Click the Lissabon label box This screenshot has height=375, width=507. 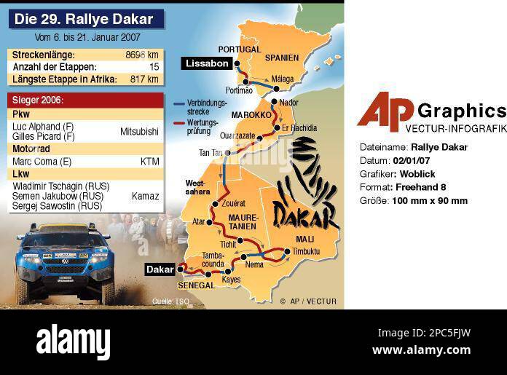(207, 63)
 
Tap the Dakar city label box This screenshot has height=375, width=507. (160, 269)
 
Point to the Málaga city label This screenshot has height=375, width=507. (282, 79)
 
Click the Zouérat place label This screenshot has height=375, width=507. (233, 203)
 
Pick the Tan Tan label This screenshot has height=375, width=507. (211, 152)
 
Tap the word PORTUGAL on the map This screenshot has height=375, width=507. (239, 50)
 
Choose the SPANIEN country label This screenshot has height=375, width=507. (282, 58)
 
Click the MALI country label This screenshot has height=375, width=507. (305, 239)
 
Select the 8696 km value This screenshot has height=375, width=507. (142, 55)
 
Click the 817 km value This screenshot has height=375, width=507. (144, 79)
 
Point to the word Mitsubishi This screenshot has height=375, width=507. (139, 132)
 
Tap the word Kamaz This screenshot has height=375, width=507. (145, 196)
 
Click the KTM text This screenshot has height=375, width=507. (149, 161)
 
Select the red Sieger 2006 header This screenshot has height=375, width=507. (87, 100)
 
